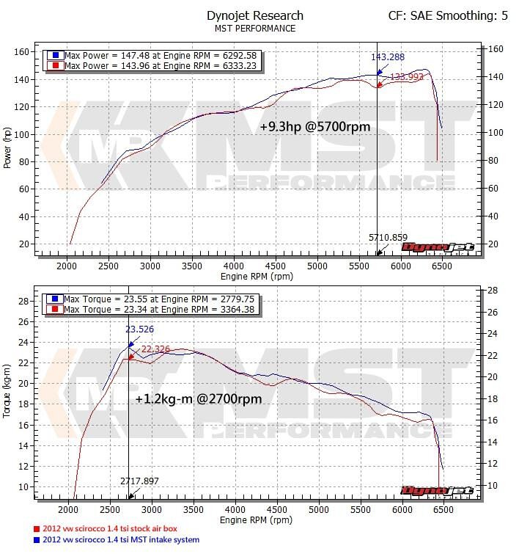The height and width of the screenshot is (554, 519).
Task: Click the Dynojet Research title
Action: click(255, 15)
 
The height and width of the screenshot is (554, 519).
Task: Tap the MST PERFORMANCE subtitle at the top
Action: click(255, 29)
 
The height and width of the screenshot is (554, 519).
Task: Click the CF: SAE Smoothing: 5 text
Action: click(448, 15)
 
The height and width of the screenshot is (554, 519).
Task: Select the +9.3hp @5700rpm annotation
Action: click(315, 126)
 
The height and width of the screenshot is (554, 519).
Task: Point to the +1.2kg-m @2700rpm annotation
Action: click(199, 399)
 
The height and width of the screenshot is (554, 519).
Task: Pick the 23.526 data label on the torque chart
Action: click(140, 329)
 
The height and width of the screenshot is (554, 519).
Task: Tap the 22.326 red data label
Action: click(155, 349)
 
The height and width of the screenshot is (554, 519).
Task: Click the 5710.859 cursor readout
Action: click(388, 238)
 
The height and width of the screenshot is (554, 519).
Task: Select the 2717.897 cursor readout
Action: click(139, 481)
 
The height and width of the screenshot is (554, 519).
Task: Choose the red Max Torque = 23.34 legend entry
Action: click(155, 310)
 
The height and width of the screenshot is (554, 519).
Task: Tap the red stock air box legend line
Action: click(109, 528)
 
